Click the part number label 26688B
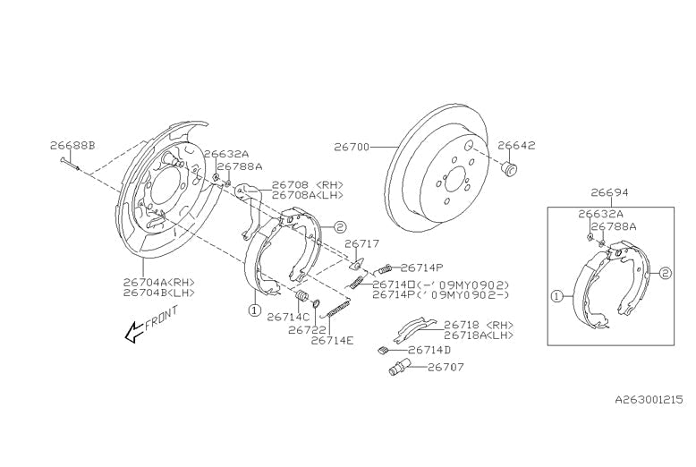coord(72,145)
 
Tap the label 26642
coord(516,145)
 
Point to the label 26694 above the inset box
coord(609,192)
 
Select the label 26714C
coord(288,317)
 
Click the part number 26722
coord(307,329)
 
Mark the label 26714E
coord(333,341)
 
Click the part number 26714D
coord(429,350)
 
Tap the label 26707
coord(446,367)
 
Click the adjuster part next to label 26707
coord(399,368)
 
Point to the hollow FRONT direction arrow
coord(134,333)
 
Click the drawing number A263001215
coord(648,403)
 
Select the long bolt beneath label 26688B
coord(72,163)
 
